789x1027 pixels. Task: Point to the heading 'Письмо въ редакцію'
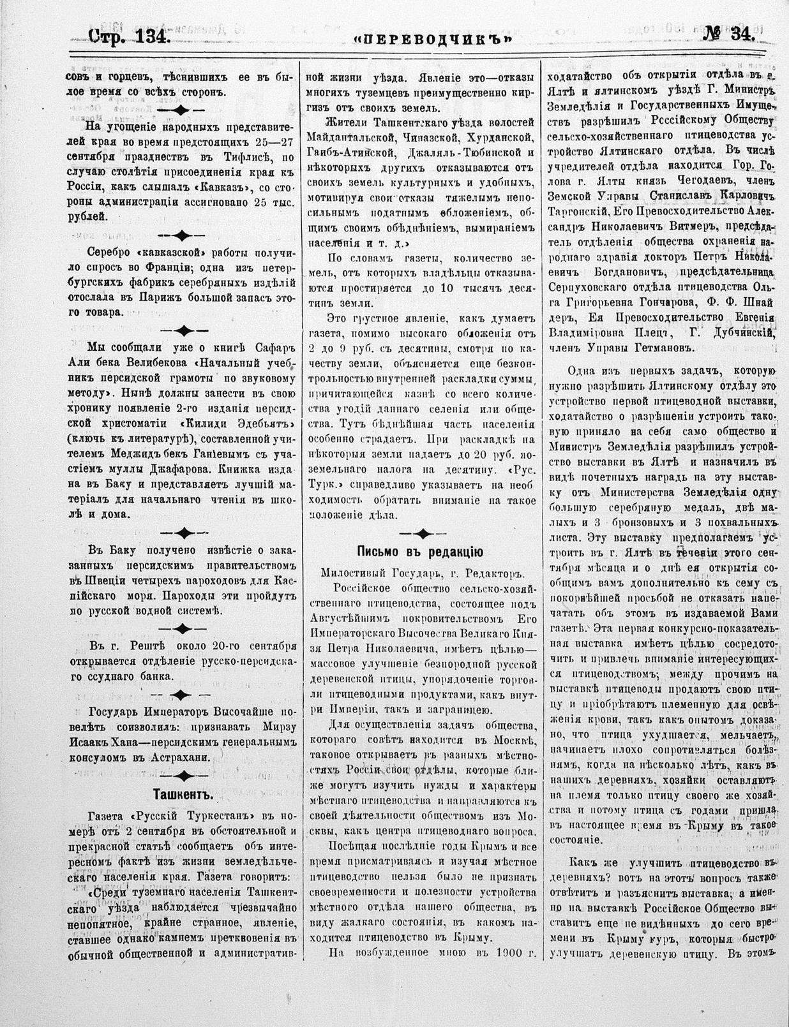pos(419,552)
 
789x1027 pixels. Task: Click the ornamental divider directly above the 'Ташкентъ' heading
pos(183,776)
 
